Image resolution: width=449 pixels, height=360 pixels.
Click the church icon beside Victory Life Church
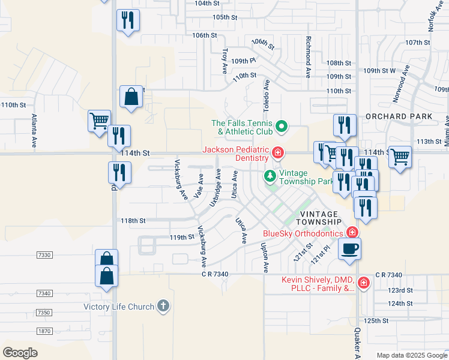(162, 307)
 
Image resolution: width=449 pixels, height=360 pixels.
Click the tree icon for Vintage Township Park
(271, 176)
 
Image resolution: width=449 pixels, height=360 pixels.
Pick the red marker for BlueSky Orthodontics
(352, 233)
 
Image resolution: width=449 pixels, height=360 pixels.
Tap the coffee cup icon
(349, 248)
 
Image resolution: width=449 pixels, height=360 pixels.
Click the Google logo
(20, 352)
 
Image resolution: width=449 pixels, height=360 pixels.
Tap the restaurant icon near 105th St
(128, 20)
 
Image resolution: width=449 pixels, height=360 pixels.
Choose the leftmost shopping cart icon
(99, 121)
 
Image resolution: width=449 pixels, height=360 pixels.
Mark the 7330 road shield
(44, 256)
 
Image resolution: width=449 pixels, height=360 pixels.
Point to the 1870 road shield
(44, 331)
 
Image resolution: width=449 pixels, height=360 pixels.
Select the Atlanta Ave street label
(34, 131)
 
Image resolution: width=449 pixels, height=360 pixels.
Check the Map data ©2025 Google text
(411, 355)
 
